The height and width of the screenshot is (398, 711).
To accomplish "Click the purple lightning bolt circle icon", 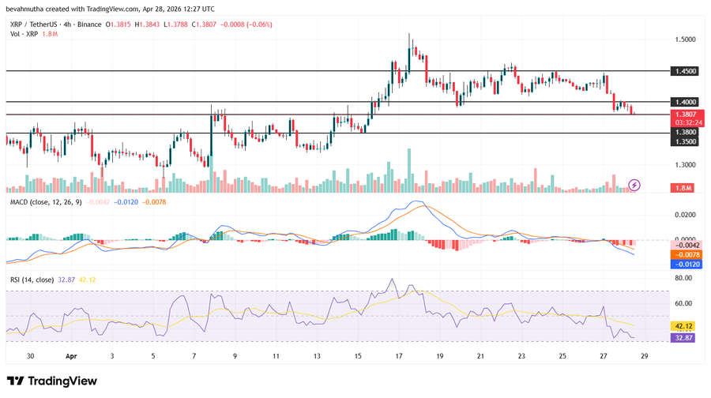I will (634, 186).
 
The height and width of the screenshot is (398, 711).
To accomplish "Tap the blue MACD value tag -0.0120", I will (684, 265).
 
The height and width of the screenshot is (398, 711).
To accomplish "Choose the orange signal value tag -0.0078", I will (684, 254).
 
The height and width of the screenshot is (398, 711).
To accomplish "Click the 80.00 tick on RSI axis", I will (684, 278).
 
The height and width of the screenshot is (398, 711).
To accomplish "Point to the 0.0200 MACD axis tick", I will (684, 215).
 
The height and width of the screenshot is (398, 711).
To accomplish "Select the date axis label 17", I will (399, 356).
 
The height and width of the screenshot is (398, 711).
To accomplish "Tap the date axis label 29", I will (645, 356).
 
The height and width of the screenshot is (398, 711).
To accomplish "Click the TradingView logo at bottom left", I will (52, 381).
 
